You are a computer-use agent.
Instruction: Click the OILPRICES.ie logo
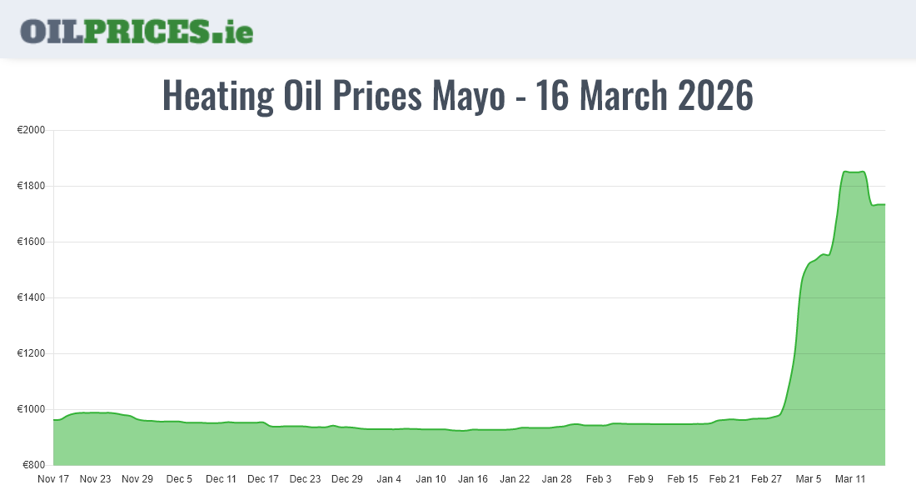137,31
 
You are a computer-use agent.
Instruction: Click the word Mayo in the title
468,96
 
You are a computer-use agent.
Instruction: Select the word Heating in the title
217,96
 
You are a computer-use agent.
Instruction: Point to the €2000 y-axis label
32,131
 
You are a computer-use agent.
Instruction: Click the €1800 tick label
32,187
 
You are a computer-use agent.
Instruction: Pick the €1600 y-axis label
32,242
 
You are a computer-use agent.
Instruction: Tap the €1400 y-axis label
32,298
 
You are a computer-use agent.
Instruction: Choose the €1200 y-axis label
32,354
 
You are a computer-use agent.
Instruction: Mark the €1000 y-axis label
32,410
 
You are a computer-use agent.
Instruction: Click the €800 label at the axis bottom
34,465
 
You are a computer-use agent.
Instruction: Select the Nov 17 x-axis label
53,479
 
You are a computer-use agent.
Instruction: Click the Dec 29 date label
347,479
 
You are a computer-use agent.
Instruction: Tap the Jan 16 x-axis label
473,479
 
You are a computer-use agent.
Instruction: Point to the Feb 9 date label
640,479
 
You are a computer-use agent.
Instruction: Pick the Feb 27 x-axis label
766,479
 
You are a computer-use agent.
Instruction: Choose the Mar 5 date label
808,479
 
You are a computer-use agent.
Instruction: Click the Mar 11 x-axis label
850,479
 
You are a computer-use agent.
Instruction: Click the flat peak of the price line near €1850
854,172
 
